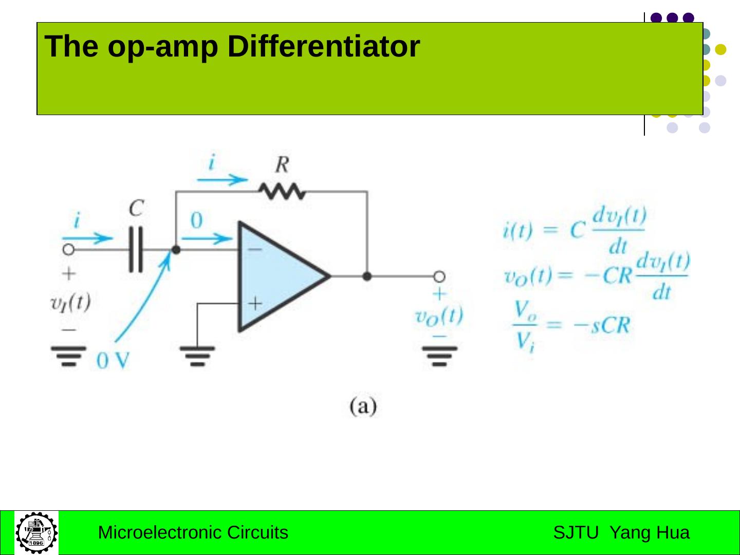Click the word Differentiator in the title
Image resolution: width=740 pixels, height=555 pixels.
323,46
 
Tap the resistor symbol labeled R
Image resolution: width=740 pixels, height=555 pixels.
282,192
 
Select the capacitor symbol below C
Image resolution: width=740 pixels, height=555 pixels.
136,250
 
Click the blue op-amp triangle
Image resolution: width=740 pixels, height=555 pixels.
277,276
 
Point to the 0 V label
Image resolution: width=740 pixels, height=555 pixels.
113,361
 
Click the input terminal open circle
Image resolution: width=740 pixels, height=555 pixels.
68,250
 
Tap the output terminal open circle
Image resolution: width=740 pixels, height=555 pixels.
439,276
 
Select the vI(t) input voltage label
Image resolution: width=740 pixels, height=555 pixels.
70,302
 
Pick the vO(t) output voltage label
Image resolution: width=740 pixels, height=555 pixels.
439,316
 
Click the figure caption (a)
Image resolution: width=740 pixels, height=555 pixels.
363,406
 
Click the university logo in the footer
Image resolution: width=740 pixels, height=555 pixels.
36,532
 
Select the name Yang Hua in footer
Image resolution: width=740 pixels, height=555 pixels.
650,532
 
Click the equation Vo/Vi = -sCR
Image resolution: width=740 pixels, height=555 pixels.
571,326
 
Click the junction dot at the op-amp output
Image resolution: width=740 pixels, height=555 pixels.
367,276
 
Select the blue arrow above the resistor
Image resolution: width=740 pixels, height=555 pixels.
222,179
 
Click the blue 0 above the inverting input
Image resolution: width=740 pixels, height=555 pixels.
197,220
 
